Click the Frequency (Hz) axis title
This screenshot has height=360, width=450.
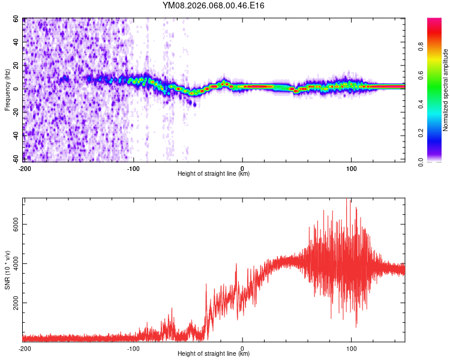8,90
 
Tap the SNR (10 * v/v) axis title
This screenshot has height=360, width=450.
8,270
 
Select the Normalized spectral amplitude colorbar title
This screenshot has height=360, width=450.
445,90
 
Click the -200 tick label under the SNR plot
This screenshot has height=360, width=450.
25,348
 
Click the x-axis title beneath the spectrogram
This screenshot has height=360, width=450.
214,174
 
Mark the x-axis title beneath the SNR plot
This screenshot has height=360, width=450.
214,354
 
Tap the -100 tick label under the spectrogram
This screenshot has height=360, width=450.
133,168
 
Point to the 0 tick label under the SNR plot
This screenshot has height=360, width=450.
242,348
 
